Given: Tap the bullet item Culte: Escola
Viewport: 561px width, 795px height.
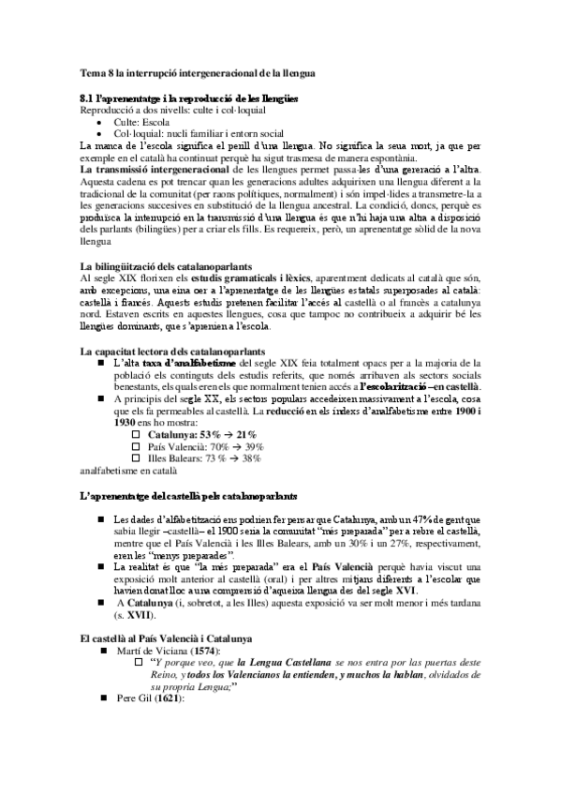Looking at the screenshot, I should (x=142, y=122).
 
